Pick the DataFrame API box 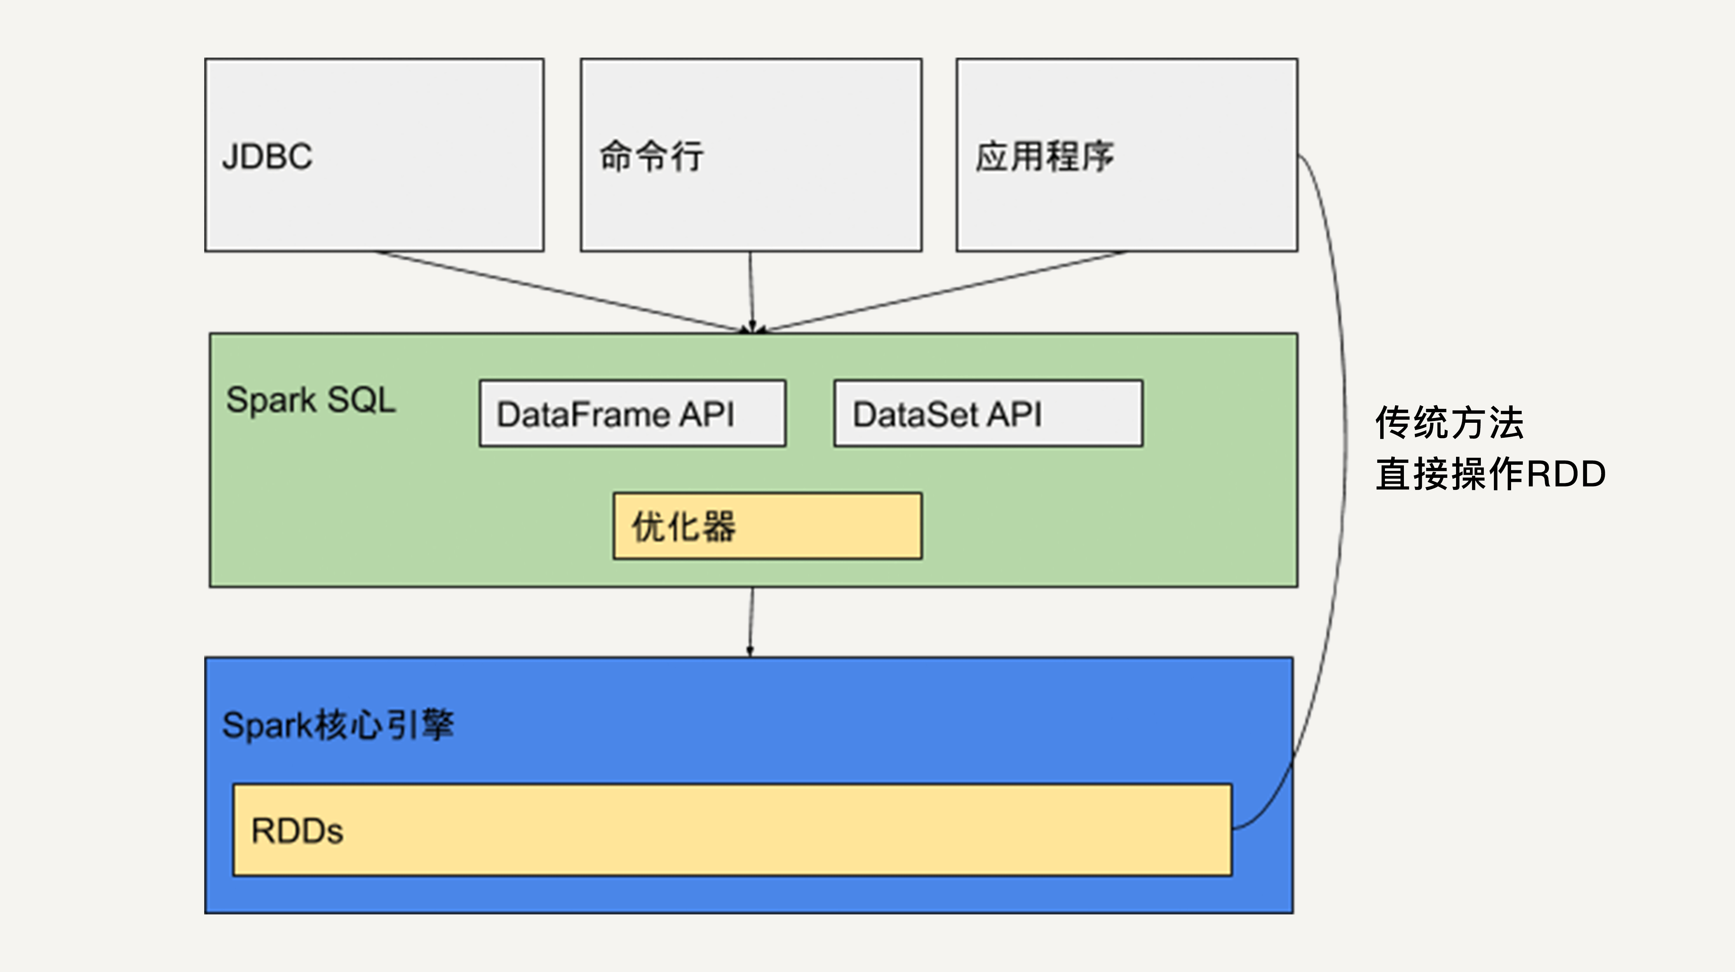[x=632, y=413]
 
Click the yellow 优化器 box [x=767, y=526]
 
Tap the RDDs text [x=297, y=831]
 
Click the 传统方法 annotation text [x=1449, y=423]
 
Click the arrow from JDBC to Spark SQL [x=559, y=291]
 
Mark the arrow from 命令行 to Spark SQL [x=751, y=291]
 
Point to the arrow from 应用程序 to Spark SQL [x=943, y=291]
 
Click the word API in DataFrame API [x=707, y=413]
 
